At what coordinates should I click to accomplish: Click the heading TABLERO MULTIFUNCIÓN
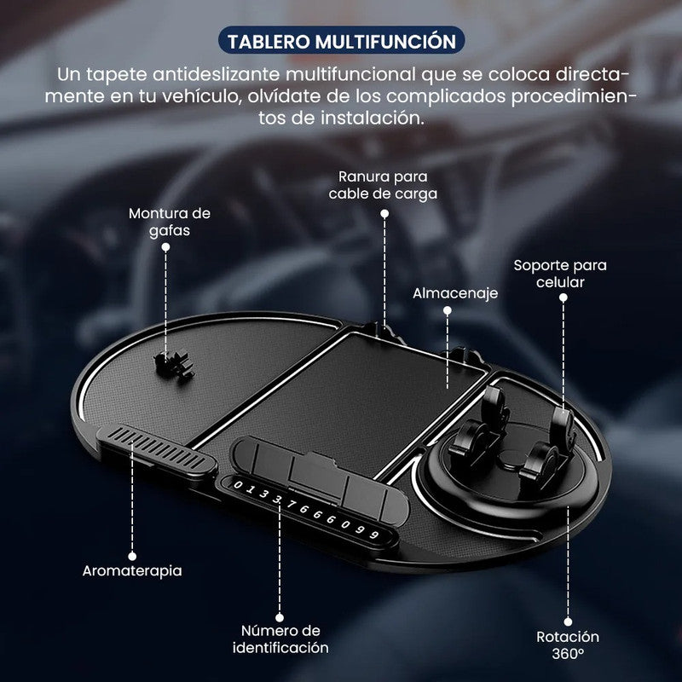click(x=340, y=41)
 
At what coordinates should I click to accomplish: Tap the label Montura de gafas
click(x=170, y=221)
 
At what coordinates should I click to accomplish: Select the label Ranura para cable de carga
click(x=387, y=185)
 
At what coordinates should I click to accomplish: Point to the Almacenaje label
click(x=443, y=293)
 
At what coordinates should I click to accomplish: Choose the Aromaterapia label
click(x=133, y=570)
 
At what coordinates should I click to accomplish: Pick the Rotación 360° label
click(x=568, y=645)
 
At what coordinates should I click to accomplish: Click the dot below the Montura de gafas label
click(x=165, y=246)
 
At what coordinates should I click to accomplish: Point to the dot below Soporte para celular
click(x=564, y=298)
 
